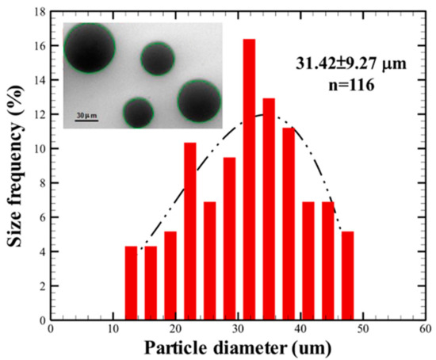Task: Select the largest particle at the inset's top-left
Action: tap(89, 47)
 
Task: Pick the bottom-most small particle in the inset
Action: tap(138, 113)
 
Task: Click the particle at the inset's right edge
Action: tap(199, 101)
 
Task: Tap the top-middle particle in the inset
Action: tap(157, 59)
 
